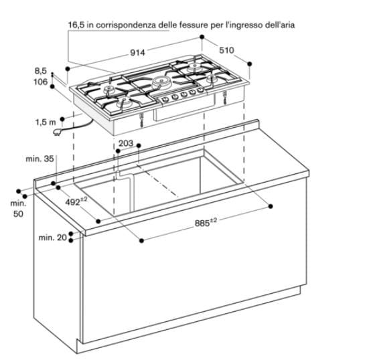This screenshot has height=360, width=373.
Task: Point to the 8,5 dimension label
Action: (x=41, y=70)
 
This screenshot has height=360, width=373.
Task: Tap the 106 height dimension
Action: (x=40, y=82)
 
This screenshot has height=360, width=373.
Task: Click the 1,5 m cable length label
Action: (x=45, y=122)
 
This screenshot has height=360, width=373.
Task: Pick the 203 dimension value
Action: (x=126, y=143)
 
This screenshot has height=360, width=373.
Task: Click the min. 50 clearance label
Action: (x=18, y=208)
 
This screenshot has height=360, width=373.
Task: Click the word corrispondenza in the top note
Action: (x=125, y=25)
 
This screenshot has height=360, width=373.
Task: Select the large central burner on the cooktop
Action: (x=160, y=82)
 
